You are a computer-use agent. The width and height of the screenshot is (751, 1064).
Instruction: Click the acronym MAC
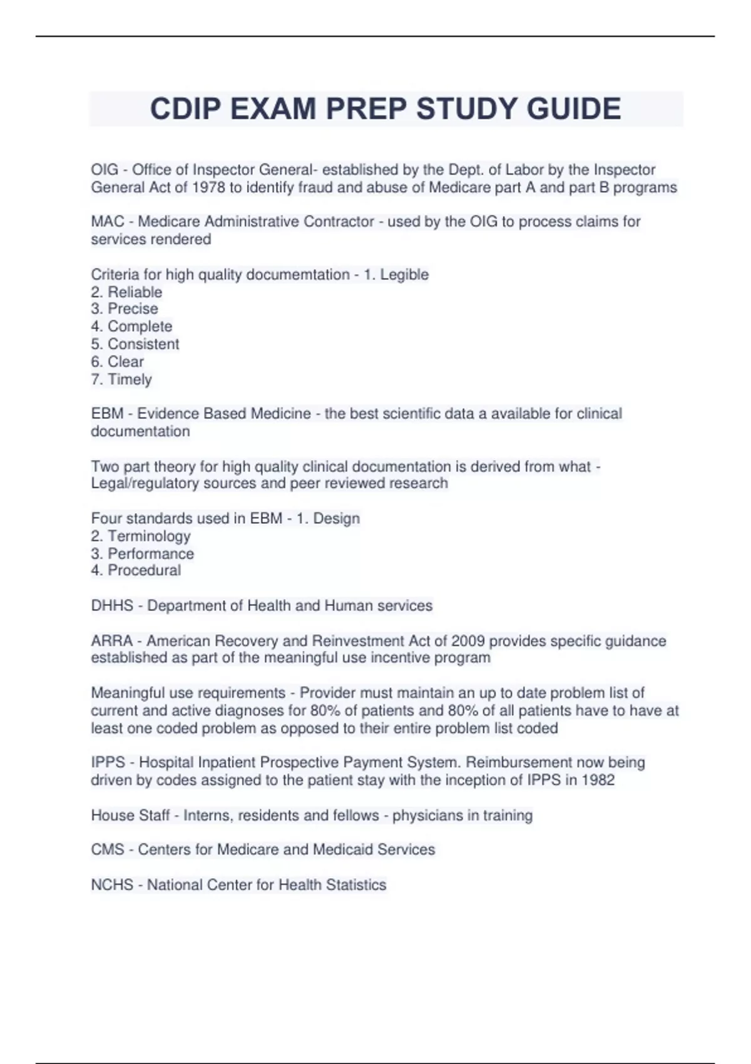coord(107,222)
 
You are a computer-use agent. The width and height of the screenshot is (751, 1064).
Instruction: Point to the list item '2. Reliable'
coord(126,292)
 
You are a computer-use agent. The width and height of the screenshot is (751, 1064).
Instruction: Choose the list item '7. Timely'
coord(121,379)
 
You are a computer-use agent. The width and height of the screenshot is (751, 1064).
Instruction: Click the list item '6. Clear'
coord(118,362)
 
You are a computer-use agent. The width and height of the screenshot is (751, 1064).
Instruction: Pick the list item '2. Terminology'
coord(141,536)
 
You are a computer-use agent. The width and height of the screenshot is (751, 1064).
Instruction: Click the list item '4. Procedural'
coord(136,570)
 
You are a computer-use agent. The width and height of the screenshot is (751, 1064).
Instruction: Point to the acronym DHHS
coord(112,606)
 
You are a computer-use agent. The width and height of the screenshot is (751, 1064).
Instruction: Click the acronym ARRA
coord(111,641)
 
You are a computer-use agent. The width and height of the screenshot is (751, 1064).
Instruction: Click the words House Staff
coord(130,816)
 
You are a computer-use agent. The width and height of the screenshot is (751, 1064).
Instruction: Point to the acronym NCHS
coord(112,885)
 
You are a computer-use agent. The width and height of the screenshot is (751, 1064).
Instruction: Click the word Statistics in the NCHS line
coord(359,885)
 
